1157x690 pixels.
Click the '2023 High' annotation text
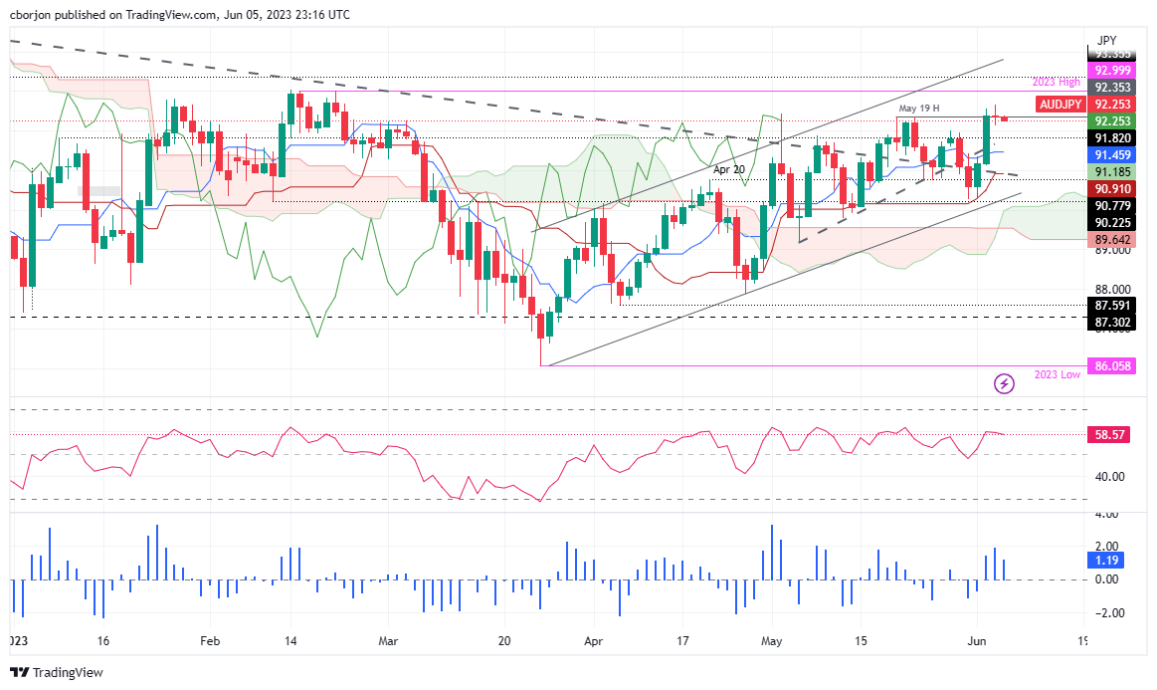tap(1058, 83)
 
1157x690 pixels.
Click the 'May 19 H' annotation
tap(918, 108)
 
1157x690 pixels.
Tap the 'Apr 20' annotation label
tap(728, 170)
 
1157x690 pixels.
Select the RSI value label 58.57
tap(1109, 436)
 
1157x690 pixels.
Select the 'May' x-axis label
tap(772, 642)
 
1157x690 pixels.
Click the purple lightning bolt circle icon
tap(1005, 383)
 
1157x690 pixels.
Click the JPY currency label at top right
tap(1105, 40)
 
